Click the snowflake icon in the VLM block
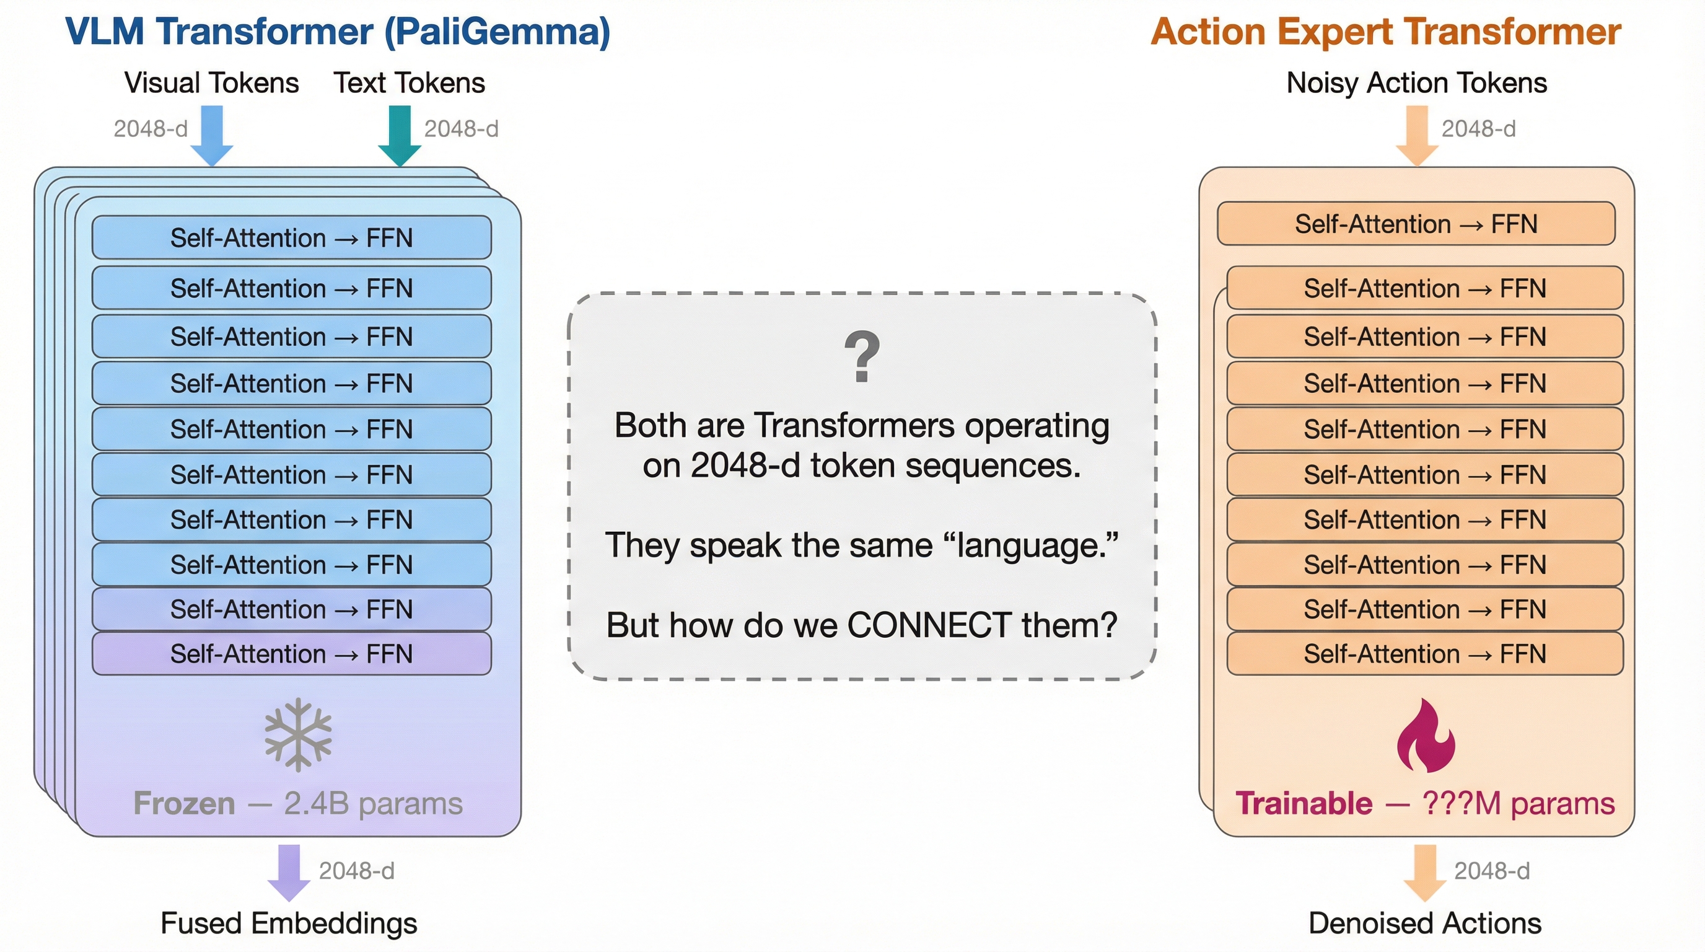(298, 734)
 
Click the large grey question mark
(862, 356)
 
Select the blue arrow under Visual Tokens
(212, 136)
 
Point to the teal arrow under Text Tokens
(400, 136)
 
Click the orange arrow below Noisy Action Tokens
(1417, 136)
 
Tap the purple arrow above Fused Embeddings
(289, 873)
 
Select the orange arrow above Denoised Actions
(1424, 873)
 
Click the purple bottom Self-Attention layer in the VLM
(291, 653)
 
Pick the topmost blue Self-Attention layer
(291, 237)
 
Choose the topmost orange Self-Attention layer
(1416, 224)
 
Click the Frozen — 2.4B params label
(298, 804)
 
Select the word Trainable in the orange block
(1304, 804)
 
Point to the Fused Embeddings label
(289, 923)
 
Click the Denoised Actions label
(1425, 923)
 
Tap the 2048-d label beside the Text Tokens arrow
(462, 128)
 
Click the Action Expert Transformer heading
(1386, 32)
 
